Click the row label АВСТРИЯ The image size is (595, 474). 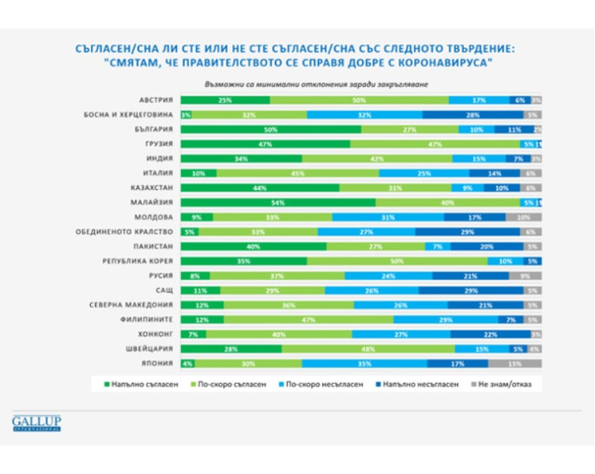[154, 101]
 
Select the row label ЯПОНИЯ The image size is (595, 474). [156, 363]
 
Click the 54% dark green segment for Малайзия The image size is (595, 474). [277, 203]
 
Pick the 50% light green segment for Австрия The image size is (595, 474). [359, 101]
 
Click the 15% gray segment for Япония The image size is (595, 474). [515, 363]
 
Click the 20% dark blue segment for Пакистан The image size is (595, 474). [485, 246]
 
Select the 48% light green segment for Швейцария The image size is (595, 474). [367, 348]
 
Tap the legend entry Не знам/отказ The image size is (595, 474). [503, 384]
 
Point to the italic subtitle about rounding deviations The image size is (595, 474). [297, 83]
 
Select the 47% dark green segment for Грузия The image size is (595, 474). [265, 144]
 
